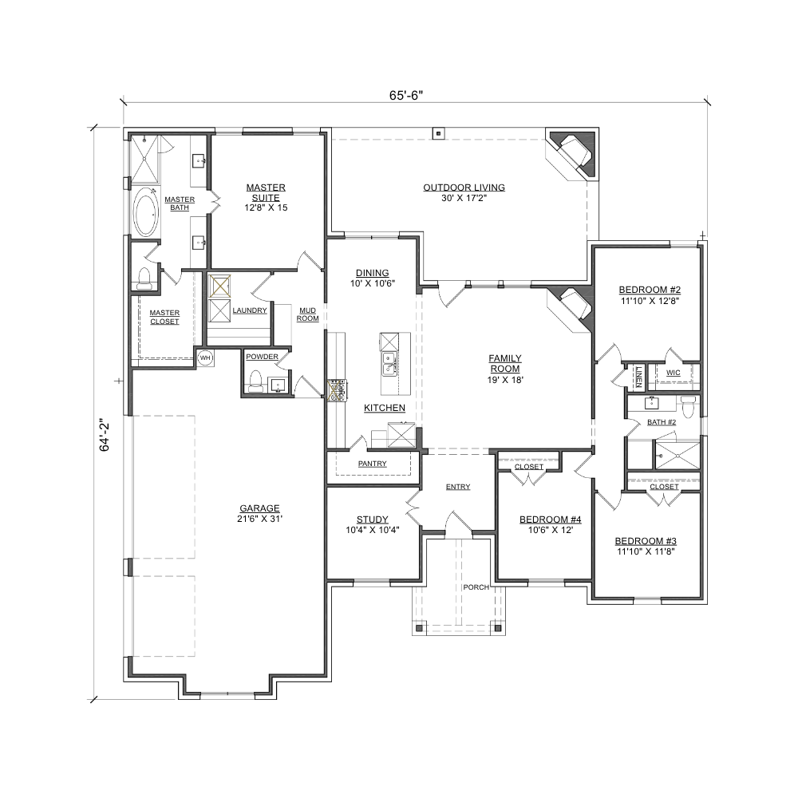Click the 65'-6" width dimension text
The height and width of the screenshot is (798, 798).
pyautogui.click(x=406, y=95)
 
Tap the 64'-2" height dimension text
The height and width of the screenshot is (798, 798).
pyautogui.click(x=105, y=435)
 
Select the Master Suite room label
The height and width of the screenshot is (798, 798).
pyautogui.click(x=266, y=192)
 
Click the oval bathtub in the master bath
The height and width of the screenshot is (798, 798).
pyautogui.click(x=146, y=211)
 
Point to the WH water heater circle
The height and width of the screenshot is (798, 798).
pyautogui.click(x=205, y=358)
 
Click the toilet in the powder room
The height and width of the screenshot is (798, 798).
pyautogui.click(x=255, y=381)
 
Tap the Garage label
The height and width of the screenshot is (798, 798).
pyautogui.click(x=259, y=508)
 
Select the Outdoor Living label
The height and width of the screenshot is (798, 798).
pyautogui.click(x=464, y=188)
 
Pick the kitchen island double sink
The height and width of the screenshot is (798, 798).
pyautogui.click(x=390, y=363)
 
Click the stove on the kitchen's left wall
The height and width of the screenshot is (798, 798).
pyautogui.click(x=337, y=391)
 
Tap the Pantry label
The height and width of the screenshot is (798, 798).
pyautogui.click(x=372, y=464)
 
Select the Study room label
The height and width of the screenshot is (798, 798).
pyautogui.click(x=372, y=519)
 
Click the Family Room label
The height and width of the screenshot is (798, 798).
pyautogui.click(x=505, y=363)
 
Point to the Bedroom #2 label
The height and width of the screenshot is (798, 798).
pyautogui.click(x=650, y=290)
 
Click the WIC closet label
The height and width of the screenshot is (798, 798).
pyautogui.click(x=673, y=373)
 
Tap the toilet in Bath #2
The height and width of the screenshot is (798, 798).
pyautogui.click(x=689, y=407)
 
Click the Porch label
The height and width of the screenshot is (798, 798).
pyautogui.click(x=476, y=587)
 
